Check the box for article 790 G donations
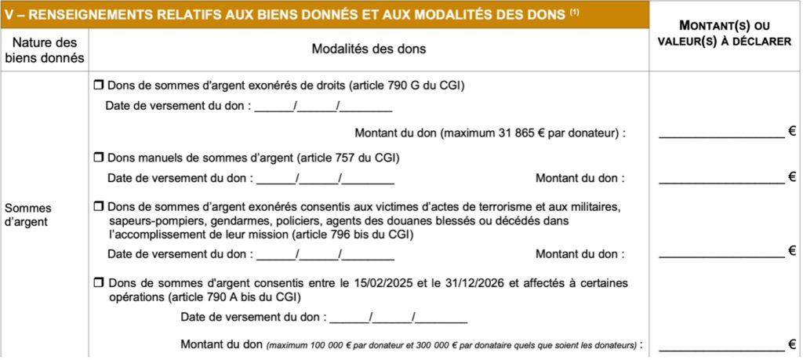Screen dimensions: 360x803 [x=99, y=85]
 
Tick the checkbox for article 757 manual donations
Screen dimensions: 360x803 [x=99, y=158]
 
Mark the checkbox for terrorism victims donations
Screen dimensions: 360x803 [x=99, y=206]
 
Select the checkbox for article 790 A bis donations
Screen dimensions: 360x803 [x=99, y=282]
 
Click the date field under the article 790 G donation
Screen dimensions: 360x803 [x=324, y=106]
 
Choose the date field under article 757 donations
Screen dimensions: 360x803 [x=325, y=178]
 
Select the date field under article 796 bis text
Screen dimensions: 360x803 [x=325, y=253]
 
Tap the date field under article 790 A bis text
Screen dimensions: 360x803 [x=398, y=318]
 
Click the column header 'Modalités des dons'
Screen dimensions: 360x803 [x=369, y=49]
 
